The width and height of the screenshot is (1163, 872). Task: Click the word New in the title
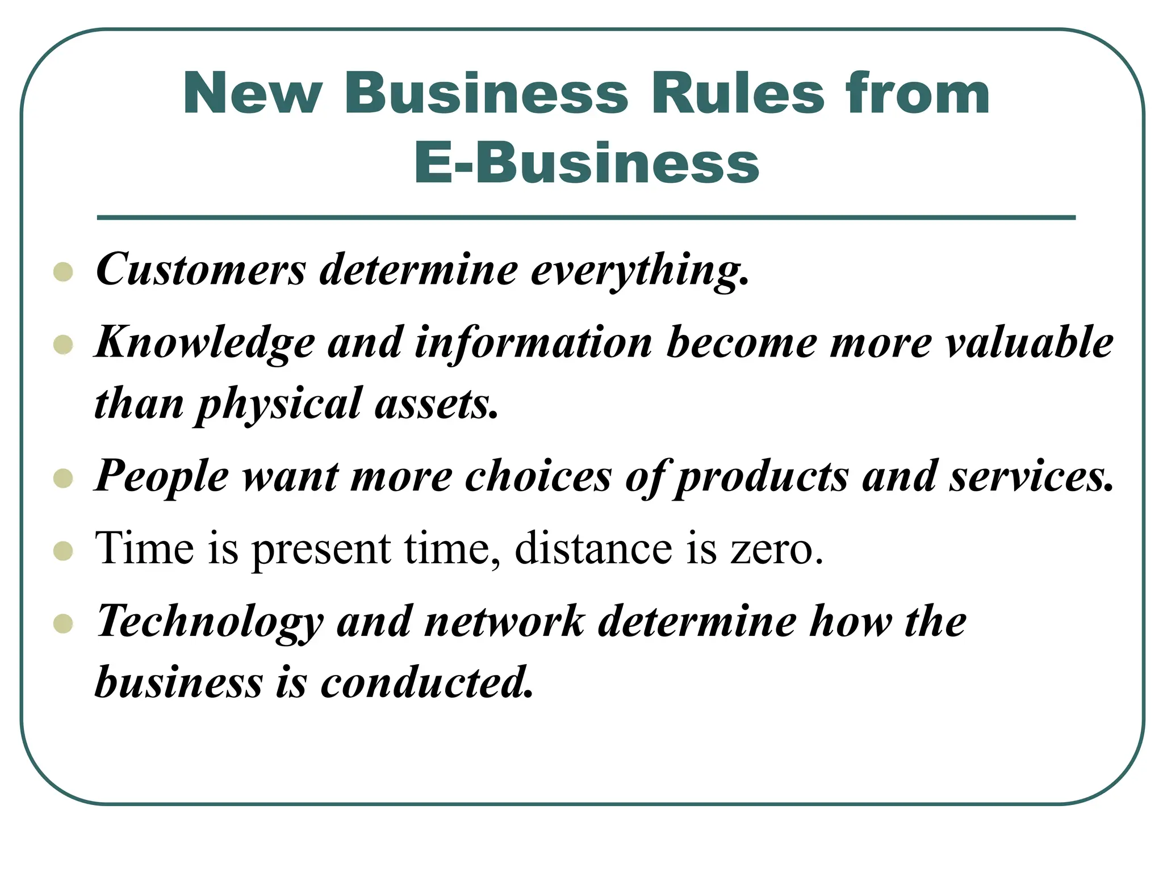(253, 94)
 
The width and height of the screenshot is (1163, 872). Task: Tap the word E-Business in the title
(587, 163)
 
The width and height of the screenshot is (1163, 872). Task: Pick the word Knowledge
(205, 344)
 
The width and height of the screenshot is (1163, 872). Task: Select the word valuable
(1028, 343)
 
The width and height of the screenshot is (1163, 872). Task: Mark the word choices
(538, 476)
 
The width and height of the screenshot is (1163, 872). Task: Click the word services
(1032, 476)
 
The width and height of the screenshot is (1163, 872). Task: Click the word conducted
(428, 682)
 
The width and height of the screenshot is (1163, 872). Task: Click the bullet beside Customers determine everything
(63, 272)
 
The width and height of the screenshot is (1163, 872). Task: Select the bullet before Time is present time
(63, 551)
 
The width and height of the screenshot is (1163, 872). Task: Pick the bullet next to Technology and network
(63, 624)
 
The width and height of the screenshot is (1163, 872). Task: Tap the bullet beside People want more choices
(63, 478)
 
